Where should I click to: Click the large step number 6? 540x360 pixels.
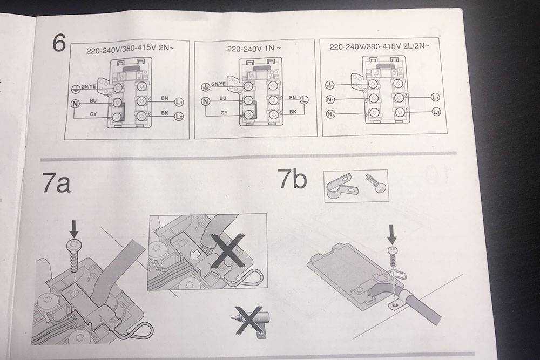coord(58,43)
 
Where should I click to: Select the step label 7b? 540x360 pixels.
coord(292,179)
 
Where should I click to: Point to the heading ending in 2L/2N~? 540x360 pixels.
coord(379,47)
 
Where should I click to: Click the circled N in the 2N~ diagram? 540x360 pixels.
coord(76,102)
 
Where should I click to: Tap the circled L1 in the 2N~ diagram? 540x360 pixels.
coord(179,101)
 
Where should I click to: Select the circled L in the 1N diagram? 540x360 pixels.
coord(304,99)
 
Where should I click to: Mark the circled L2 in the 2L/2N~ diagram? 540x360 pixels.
coord(437,112)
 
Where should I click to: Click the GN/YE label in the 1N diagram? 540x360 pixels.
coord(218,84)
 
